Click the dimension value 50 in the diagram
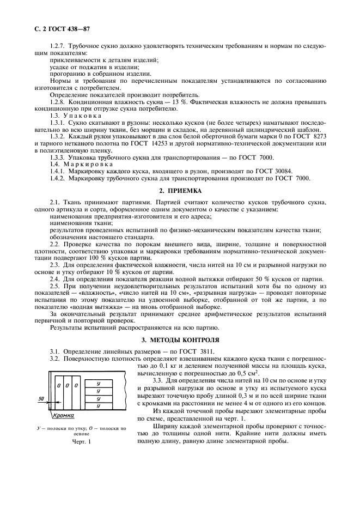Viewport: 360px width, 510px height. [x=40, y=399]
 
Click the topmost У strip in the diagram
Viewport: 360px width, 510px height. [x=98, y=384]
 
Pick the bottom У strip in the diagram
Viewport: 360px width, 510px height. [x=98, y=405]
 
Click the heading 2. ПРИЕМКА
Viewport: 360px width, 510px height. [x=179, y=191]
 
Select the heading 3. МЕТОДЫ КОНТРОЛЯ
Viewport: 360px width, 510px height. [x=179, y=340]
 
